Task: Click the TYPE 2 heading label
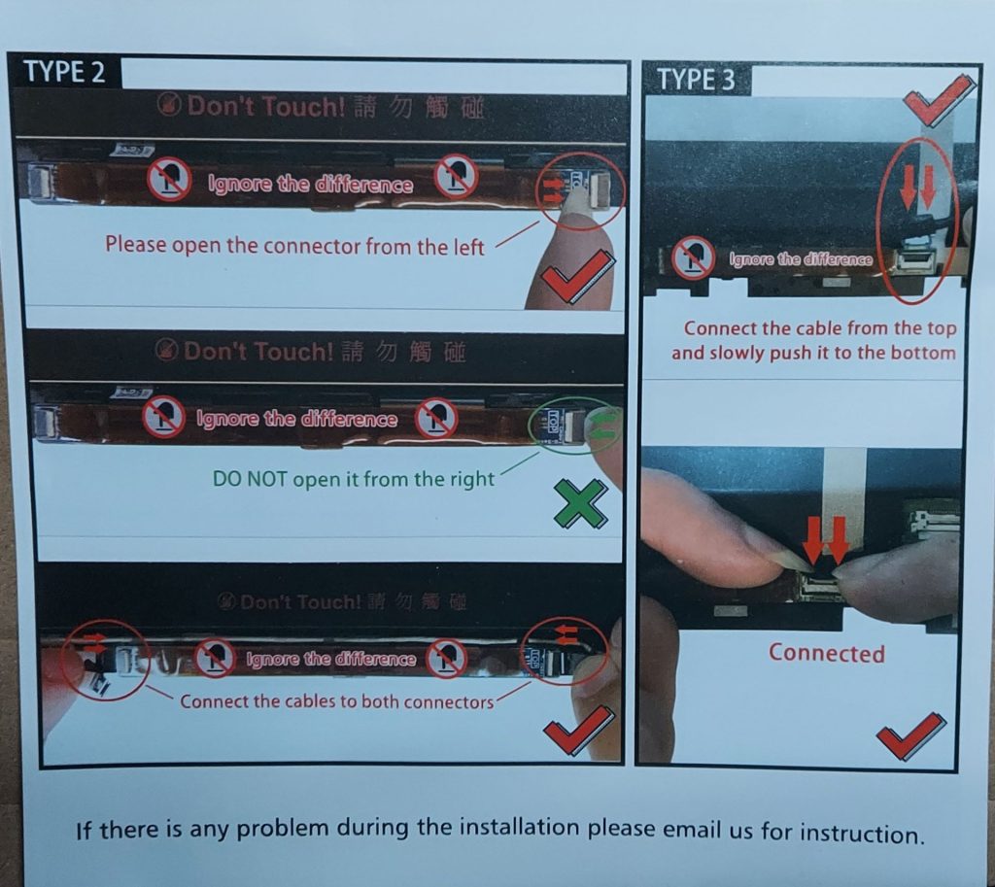[64, 72]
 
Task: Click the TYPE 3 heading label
[696, 80]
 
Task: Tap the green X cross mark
[580, 504]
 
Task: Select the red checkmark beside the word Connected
[911, 735]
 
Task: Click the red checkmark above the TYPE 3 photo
[940, 99]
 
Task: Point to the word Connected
[826, 653]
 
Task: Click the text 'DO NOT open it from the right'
[353, 479]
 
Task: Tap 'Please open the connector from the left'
[294, 245]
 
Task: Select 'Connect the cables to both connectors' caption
[336, 701]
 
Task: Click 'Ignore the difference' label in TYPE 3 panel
[801, 258]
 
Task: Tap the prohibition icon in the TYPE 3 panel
[692, 258]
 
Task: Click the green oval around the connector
[575, 425]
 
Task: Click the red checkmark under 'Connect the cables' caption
[579, 731]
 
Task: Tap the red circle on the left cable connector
[105, 660]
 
